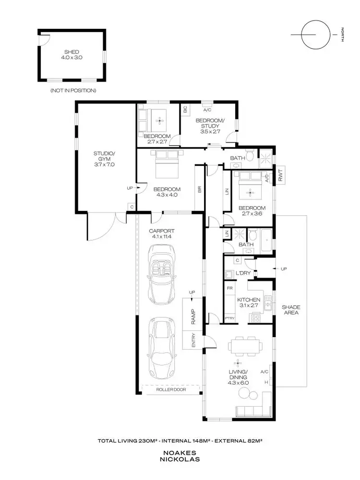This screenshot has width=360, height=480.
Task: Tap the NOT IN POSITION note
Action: (73, 90)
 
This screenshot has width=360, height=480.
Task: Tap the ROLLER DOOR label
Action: (171, 390)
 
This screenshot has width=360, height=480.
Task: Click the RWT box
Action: (281, 176)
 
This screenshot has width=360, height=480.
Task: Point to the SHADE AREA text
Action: (291, 310)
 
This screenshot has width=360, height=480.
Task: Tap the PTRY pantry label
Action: (229, 318)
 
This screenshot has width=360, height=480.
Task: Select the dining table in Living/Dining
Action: (245, 345)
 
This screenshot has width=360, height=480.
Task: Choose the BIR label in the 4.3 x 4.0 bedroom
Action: (199, 189)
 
